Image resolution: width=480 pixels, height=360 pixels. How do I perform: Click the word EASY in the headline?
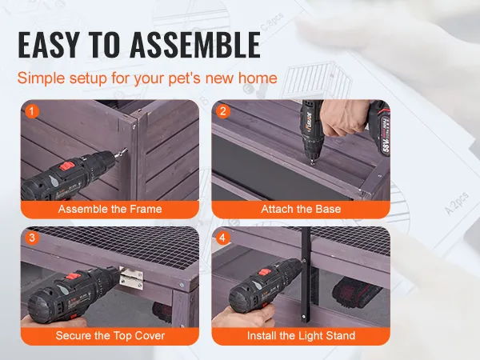click(x=49, y=45)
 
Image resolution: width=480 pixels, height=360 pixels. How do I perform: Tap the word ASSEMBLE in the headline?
click(x=195, y=45)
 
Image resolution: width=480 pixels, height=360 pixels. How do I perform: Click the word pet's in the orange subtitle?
click(x=185, y=78)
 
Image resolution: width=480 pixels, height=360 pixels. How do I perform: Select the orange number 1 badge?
click(x=32, y=111)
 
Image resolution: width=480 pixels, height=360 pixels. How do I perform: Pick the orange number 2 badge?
click(x=223, y=111)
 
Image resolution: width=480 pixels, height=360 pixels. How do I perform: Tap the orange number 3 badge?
click(x=32, y=238)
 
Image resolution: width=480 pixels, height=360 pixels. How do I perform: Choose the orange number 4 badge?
click(x=223, y=238)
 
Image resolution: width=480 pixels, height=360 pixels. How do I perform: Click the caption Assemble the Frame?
click(x=110, y=209)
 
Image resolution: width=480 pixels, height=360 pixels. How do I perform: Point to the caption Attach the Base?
click(x=301, y=209)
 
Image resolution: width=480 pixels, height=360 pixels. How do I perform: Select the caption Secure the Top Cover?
click(x=110, y=336)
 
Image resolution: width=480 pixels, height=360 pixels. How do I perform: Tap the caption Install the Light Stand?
click(x=301, y=336)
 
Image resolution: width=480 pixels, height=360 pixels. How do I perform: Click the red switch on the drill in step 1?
click(x=67, y=167)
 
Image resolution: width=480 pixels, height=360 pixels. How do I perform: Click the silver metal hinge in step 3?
click(x=131, y=278)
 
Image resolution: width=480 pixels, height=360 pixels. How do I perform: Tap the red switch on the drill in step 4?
click(x=265, y=273)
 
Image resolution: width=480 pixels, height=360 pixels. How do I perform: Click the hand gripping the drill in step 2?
click(x=343, y=118)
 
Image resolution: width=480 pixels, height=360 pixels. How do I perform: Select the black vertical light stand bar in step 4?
click(x=306, y=274)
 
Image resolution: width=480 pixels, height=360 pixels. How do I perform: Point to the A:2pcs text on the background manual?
click(x=457, y=203)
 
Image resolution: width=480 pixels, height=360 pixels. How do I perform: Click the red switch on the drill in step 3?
click(x=71, y=277)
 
